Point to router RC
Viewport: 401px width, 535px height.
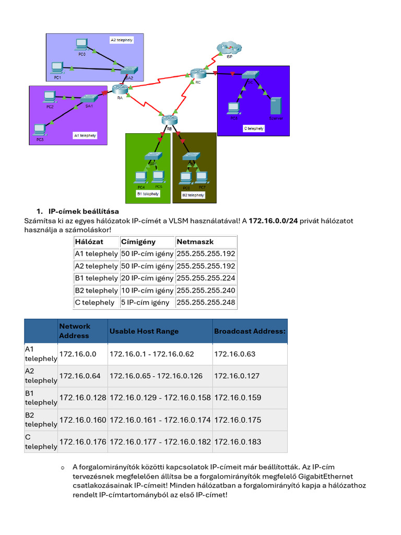click(x=198, y=73)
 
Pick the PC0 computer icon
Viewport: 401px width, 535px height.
click(x=81, y=45)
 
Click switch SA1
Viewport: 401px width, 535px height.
click(x=89, y=98)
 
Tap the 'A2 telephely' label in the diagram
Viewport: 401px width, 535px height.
click(x=122, y=40)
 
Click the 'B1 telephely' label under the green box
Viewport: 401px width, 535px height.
click(x=147, y=193)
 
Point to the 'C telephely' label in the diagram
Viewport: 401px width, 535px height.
click(x=254, y=128)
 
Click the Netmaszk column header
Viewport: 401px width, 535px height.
click(x=195, y=242)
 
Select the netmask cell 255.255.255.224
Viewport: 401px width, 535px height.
click(x=206, y=278)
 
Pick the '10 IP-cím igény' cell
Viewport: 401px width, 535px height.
click(x=147, y=290)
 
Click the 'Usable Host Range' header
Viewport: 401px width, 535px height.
click(x=144, y=331)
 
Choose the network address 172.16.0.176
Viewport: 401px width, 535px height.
click(x=82, y=442)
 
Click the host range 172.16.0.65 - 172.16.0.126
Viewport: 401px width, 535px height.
click(x=151, y=376)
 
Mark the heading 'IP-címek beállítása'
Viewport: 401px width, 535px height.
click(x=84, y=212)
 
